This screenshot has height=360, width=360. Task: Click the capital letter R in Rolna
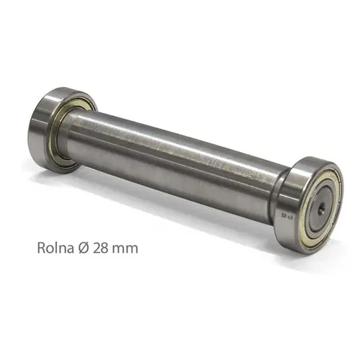[40, 247]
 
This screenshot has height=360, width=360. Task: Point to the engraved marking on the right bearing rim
[285, 213]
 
